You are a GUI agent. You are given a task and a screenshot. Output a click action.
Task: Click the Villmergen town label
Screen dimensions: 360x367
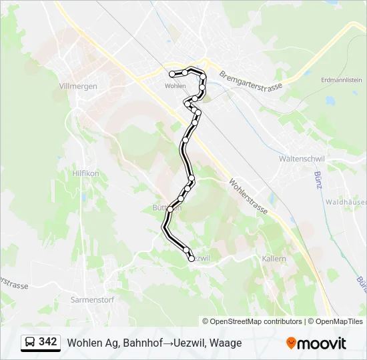(78, 87)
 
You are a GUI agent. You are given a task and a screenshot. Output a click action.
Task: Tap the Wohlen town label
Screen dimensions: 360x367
(175, 86)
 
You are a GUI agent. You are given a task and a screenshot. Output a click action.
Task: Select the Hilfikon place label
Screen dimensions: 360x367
(85, 173)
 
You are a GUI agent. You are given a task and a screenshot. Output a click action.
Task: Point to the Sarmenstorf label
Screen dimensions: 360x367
(92, 300)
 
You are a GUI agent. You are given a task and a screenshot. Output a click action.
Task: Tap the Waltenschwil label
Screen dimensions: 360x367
(301, 160)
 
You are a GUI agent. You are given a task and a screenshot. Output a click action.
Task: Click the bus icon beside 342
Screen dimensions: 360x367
(29, 343)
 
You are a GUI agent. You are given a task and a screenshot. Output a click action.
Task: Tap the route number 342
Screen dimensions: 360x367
(48, 342)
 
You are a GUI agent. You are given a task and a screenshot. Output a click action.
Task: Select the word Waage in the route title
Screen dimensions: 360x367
(226, 343)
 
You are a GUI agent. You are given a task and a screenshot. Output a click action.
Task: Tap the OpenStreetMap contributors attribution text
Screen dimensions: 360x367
(256, 321)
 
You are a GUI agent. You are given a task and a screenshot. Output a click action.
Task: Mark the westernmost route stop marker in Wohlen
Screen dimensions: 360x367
(172, 74)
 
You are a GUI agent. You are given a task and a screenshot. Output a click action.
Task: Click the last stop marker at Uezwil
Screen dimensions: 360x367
(192, 259)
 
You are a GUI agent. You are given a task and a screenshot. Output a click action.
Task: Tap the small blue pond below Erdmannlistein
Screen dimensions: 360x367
(330, 101)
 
